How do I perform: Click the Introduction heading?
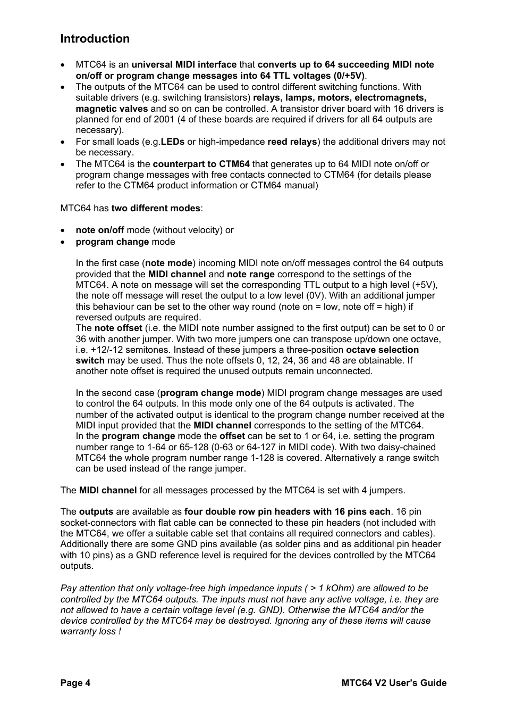[95, 39]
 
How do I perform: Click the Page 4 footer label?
[75, 683]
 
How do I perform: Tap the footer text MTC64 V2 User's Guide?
[393, 683]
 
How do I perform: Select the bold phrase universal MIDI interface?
[184, 65]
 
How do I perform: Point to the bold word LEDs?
[173, 142]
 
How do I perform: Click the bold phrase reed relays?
[292, 142]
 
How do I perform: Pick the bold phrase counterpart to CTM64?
[201, 164]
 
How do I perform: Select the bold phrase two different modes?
[156, 208]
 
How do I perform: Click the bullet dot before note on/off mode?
[63, 230]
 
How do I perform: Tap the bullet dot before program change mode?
[63, 242]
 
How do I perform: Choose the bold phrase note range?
[251, 274]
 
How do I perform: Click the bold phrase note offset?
[118, 328]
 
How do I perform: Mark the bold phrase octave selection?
[382, 350]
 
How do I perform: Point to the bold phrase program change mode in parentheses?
[210, 393]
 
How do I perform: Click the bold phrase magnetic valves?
[112, 109]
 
